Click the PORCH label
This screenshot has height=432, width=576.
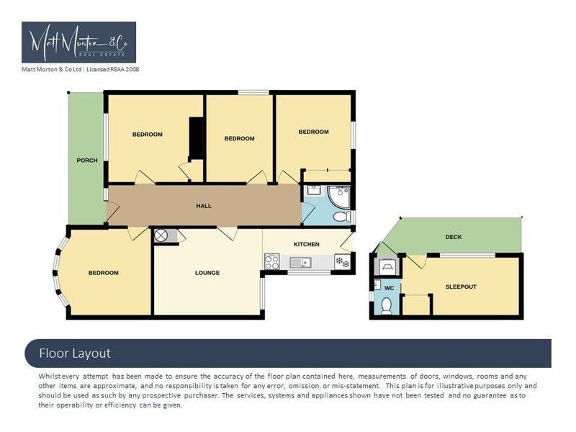(x=87, y=160)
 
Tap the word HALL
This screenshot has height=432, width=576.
(x=204, y=206)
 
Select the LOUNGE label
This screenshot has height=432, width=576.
(x=207, y=273)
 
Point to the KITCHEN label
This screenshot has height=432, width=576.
(x=307, y=244)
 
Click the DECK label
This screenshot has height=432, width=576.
(x=454, y=237)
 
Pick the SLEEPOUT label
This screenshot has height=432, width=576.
(x=461, y=287)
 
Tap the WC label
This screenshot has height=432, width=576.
(x=389, y=288)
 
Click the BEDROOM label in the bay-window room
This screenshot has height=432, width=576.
(x=104, y=273)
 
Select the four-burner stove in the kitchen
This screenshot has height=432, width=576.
(x=272, y=262)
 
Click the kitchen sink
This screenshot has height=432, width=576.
(x=300, y=262)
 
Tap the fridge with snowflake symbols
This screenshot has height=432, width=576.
(x=343, y=262)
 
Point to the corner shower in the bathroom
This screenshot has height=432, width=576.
(x=338, y=197)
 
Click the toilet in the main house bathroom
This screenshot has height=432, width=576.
(x=343, y=217)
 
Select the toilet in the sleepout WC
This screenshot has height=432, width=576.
(x=387, y=306)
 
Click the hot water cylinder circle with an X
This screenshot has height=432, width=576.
(x=161, y=235)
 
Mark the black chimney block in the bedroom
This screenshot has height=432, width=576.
(x=196, y=138)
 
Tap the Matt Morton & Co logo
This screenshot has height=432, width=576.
(x=79, y=42)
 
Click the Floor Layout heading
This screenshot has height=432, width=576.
(x=75, y=354)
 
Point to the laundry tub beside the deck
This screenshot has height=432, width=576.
(x=387, y=266)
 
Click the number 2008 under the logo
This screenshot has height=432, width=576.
(x=132, y=69)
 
